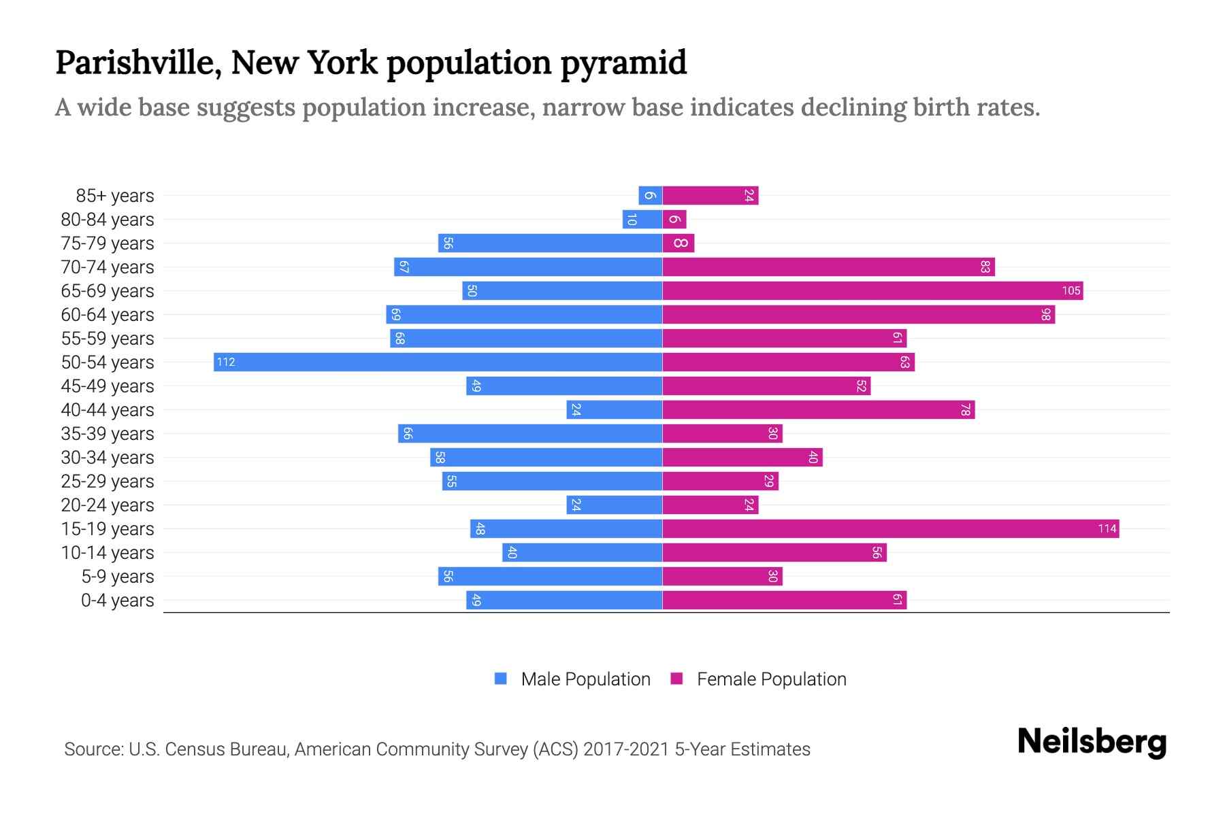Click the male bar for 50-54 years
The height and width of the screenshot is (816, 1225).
point(438,362)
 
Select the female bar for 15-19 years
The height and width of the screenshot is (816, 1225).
point(890,528)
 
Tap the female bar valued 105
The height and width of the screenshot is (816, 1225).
point(872,290)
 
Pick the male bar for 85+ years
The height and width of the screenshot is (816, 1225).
point(650,196)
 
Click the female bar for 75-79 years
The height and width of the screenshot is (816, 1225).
point(679,243)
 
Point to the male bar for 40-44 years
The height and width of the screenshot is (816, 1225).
point(614,409)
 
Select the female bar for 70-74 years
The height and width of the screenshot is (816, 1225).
point(828,267)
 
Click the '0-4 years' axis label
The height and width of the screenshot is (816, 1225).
point(117,600)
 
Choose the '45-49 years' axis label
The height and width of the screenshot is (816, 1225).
point(108,386)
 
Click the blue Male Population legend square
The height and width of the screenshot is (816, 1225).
point(501,679)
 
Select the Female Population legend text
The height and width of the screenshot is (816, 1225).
point(771,679)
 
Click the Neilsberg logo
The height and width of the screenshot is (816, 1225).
point(1092,742)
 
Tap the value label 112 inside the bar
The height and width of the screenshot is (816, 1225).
point(226,362)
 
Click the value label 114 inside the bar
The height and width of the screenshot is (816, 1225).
point(1107,529)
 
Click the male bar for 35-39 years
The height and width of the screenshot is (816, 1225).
point(530,433)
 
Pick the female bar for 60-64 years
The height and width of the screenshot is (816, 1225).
point(858,314)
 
